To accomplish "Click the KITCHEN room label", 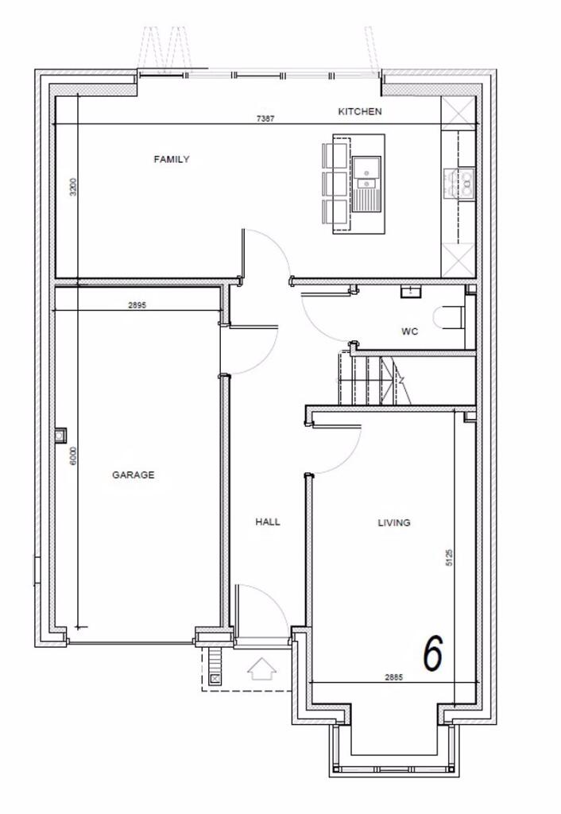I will pos(360,112).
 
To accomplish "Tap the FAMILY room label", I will pos(172,160).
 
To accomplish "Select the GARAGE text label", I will pos(133,475).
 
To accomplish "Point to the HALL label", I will pos(268,522).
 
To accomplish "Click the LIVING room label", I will pos(393,523).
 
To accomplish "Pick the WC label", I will pos(409,331).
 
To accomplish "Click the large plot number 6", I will pos(432,653).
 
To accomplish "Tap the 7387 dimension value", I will pos(267,118).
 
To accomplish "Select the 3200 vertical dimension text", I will pos(72,187).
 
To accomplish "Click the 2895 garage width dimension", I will pos(138,304).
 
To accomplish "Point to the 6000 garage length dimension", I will pos(72,457).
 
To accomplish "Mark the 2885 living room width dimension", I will pos(394,678).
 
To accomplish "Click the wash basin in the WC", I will pos(411,291).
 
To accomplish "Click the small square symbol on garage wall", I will pos(61,435).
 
